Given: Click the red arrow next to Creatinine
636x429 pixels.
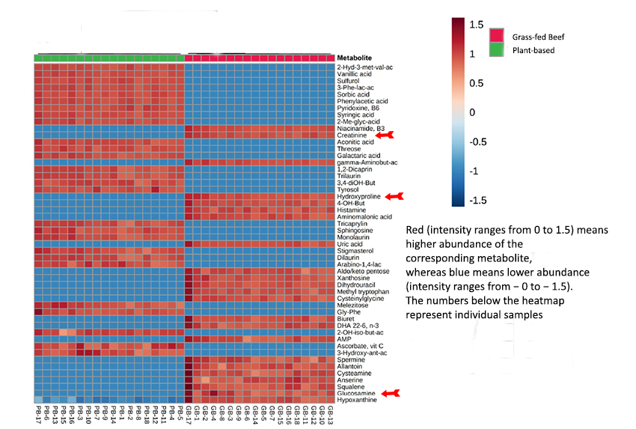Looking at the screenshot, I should pyautogui.click(x=384, y=135).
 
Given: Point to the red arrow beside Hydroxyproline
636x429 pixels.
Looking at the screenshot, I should pyautogui.click(x=393, y=196).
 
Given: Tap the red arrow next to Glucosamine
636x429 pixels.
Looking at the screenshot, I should pyautogui.click(x=392, y=392).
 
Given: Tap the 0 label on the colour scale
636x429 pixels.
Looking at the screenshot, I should pyautogui.click(x=472, y=112).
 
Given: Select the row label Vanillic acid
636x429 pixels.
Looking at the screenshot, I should pyautogui.click(x=354, y=74).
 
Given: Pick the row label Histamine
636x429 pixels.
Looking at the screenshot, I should pyautogui.click(x=351, y=210).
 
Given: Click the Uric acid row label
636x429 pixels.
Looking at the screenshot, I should pyautogui.click(x=349, y=243).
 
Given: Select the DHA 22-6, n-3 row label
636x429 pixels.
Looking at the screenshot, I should pyautogui.click(x=357, y=324).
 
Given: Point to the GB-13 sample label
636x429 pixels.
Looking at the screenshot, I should pyautogui.click(x=330, y=414).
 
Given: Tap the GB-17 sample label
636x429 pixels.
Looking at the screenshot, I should pyautogui.click(x=189, y=414).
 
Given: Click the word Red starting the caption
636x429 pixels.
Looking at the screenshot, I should pyautogui.click(x=415, y=231).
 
